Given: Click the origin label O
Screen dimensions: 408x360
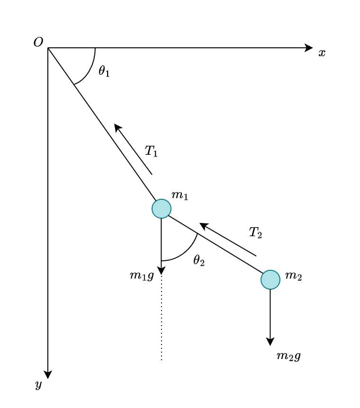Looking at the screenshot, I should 38,42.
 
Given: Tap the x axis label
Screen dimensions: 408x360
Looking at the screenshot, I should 322,53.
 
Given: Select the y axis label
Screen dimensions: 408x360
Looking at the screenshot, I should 39,384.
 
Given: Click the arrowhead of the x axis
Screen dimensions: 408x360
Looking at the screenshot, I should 309,48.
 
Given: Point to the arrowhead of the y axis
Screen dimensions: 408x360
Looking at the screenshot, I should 48,375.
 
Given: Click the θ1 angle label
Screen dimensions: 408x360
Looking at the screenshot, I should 104,71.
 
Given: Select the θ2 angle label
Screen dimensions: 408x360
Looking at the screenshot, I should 199,260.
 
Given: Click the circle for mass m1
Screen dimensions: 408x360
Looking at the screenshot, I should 162,209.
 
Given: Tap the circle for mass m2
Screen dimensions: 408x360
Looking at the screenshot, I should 270,280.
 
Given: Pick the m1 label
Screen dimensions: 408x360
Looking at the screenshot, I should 180,195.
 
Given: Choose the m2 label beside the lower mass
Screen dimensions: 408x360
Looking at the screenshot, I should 293,275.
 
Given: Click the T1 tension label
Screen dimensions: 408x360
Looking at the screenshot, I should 151,151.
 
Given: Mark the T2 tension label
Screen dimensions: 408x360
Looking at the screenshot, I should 255,232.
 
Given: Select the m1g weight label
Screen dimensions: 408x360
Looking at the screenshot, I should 142,275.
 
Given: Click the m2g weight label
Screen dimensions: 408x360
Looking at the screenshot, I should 288,356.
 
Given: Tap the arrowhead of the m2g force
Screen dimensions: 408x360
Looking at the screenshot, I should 270,342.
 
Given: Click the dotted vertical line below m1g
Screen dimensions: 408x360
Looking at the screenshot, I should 162,322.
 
